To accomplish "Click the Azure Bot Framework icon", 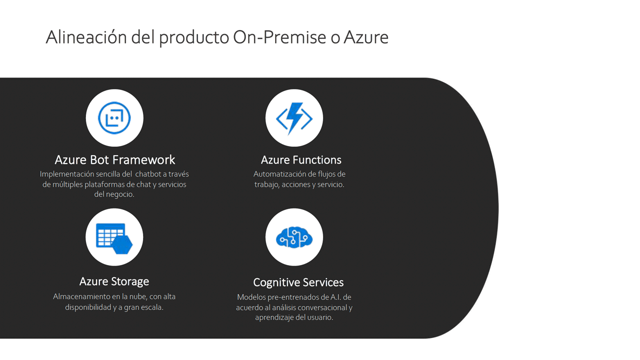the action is pyautogui.click(x=114, y=118).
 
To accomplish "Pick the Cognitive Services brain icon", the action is pyautogui.click(x=294, y=237).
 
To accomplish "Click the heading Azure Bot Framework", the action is pyautogui.click(x=115, y=159).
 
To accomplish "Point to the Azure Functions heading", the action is pyautogui.click(x=301, y=160).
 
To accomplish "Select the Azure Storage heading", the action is pyautogui.click(x=114, y=281).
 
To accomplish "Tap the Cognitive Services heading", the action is pyautogui.click(x=298, y=282).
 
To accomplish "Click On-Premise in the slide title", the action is pyautogui.click(x=279, y=37).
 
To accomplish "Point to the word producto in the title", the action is pyautogui.click(x=194, y=37).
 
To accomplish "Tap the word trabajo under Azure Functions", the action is pyautogui.click(x=266, y=185).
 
